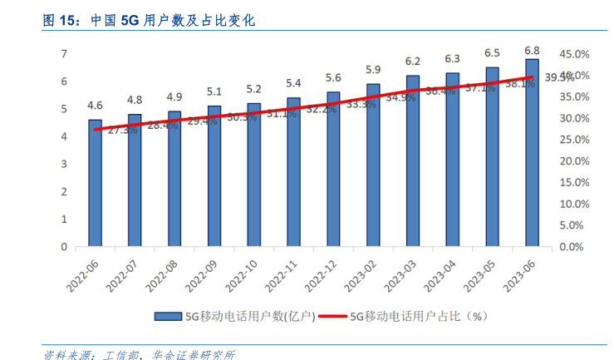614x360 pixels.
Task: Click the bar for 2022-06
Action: point(96,183)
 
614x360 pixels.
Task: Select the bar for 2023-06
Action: point(532,153)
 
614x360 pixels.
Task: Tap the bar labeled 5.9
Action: point(373,165)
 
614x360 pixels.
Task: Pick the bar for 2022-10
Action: point(253,175)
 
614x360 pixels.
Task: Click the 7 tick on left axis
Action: point(64,54)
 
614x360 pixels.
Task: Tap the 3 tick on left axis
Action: point(64,165)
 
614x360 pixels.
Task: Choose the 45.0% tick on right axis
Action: point(575,54)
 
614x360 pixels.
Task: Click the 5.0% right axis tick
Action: point(575,225)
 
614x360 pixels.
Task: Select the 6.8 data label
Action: point(532,49)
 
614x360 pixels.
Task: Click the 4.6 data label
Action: point(96,106)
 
